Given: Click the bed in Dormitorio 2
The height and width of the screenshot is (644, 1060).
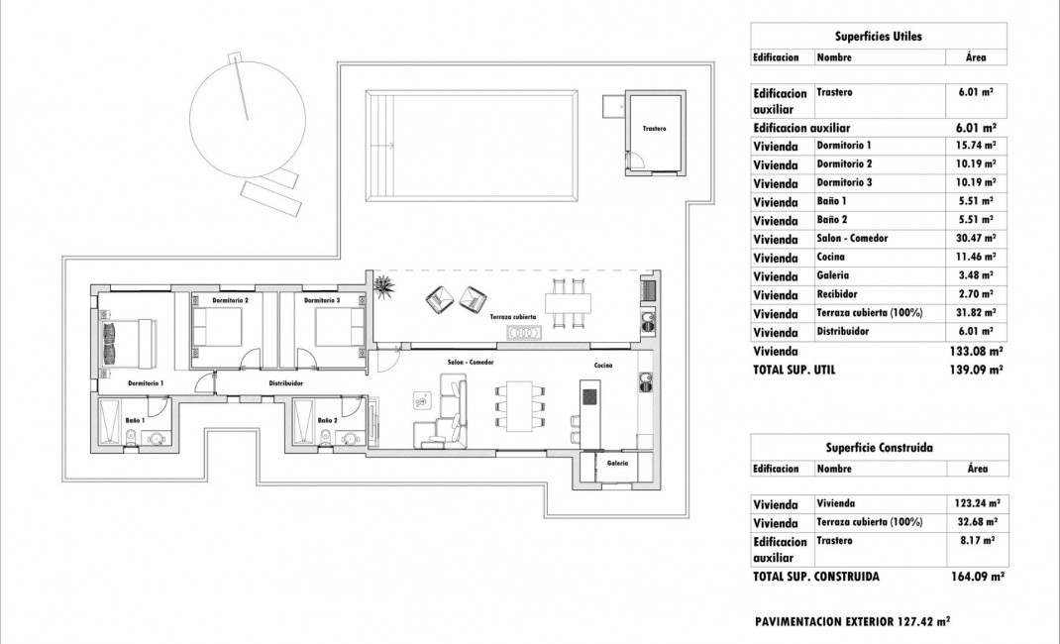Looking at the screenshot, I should [216, 326].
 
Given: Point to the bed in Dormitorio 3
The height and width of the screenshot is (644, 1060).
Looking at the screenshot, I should [339, 326].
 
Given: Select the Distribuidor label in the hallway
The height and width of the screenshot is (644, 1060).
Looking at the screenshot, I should [285, 382].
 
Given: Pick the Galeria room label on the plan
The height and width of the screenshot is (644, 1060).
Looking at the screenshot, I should [618, 463].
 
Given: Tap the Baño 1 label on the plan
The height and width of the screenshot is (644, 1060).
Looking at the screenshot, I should [135, 420].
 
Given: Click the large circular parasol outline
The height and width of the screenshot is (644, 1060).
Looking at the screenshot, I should [242, 114].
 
